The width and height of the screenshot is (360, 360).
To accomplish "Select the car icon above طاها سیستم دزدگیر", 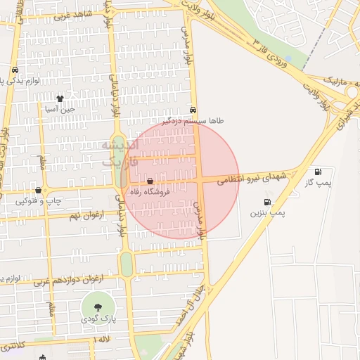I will [x=193, y=110].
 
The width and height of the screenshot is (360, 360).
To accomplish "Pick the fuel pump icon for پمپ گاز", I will [x=318, y=172].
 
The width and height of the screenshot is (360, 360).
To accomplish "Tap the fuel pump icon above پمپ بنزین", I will [x=267, y=202].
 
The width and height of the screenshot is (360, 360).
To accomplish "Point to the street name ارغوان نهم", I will [x=83, y=213].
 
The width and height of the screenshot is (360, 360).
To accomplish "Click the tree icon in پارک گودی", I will [x=97, y=307].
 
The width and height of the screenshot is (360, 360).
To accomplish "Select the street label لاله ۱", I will [x=101, y=340].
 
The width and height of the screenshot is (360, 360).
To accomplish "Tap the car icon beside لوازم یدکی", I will [x=15, y=70].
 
